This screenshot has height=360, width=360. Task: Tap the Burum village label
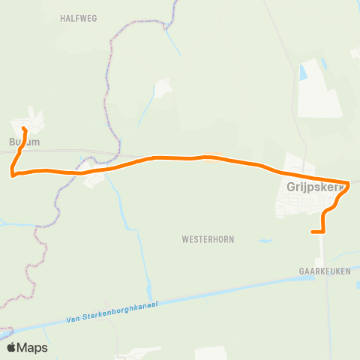[x=24, y=141]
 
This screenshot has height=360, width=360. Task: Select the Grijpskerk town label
[x=314, y=187]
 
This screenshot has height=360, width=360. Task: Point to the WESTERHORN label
[x=208, y=240]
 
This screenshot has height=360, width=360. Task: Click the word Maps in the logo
[x=34, y=347]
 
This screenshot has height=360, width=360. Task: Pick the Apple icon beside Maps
[x=12, y=346]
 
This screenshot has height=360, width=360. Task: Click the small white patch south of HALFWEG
[x=163, y=87]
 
